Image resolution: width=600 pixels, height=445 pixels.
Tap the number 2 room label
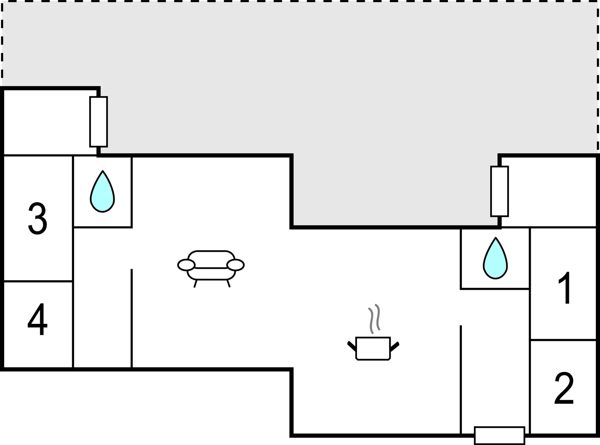tap(564, 389)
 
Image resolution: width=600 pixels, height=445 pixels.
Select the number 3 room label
tap(37, 219)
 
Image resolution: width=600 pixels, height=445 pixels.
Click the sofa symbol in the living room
tap(211, 269)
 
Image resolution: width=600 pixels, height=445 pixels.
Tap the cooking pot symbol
tap(373, 348)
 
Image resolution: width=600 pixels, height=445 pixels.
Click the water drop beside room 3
tap(102, 191)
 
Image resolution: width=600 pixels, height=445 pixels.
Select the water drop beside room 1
tap(495, 258)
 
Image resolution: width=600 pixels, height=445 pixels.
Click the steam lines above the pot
tap(374, 319)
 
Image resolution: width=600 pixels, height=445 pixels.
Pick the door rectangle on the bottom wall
tap(499, 435)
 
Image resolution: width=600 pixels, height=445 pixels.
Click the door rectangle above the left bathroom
tap(99, 121)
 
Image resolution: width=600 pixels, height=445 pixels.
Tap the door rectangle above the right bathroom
tap(499, 191)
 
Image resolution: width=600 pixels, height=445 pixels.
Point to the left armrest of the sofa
tap(186, 265)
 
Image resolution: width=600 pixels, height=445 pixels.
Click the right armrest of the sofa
tap(236, 265)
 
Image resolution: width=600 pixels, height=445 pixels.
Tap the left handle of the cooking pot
tap(351, 346)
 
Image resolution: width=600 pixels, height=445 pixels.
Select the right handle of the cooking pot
tap(395, 346)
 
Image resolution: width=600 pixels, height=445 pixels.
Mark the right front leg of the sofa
tap(228, 283)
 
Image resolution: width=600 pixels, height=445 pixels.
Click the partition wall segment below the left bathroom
tap(132, 318)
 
